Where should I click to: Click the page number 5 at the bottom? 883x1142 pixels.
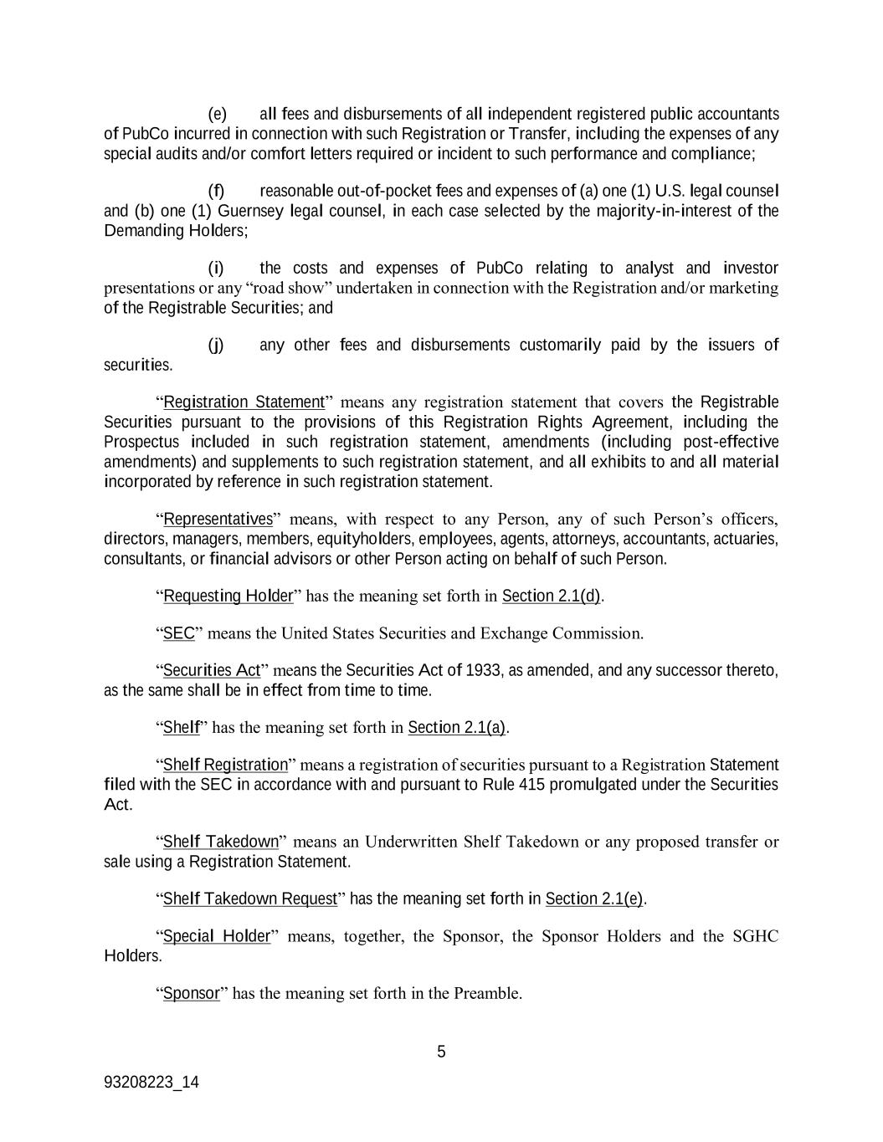pos(441,1052)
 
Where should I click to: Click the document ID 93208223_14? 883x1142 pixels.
pos(151,1082)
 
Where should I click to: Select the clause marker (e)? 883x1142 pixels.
pos(217,114)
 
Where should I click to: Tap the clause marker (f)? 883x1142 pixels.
pos(216,191)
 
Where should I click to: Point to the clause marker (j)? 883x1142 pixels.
pos(216,346)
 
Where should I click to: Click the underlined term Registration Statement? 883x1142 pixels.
pos(244,402)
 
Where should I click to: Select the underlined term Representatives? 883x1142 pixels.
pos(218,519)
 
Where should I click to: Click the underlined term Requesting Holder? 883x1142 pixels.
pos(228,596)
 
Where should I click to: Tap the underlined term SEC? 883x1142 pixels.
pos(178,633)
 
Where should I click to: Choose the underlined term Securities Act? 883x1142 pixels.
pos(212,671)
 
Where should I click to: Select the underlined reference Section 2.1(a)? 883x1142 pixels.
pos(457,728)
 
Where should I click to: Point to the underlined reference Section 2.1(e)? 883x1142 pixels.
pos(594,899)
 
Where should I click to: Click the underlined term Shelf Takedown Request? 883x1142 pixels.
pos(249,899)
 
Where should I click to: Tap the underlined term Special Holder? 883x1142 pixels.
pos(217,936)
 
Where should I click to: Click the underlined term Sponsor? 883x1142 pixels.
pos(191,994)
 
